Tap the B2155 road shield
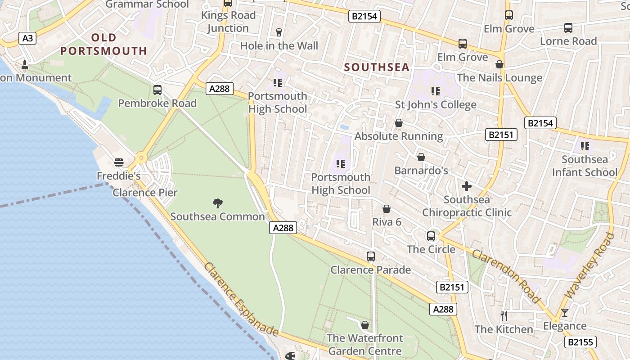point(580,342)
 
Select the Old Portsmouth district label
point(104,44)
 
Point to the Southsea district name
point(377,67)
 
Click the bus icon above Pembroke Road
point(157,90)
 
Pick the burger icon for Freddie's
point(119,162)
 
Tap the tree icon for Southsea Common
point(218,203)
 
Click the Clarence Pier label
point(145,193)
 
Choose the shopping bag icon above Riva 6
point(386,209)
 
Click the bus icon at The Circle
point(431,236)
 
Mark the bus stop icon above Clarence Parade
point(370,256)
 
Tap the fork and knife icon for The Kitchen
point(504,316)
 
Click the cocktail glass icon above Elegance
point(565,312)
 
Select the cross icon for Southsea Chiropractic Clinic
point(467,186)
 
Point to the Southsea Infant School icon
point(585,146)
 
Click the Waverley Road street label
point(590,265)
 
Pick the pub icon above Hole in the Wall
point(279,32)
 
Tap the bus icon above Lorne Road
point(568,27)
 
